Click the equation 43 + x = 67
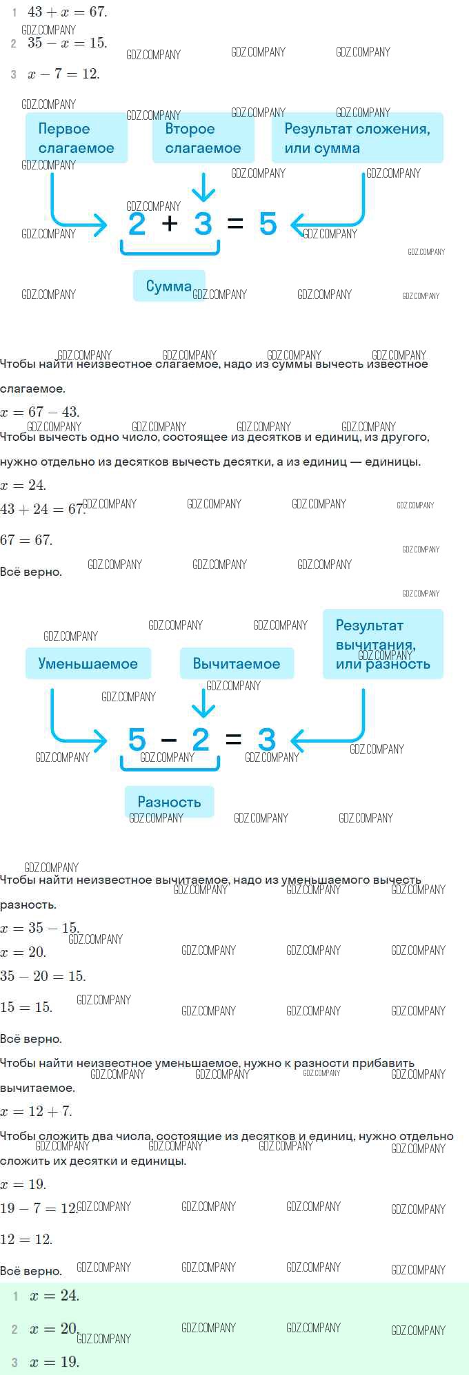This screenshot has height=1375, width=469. tap(68, 12)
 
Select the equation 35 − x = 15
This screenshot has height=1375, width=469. tap(68, 43)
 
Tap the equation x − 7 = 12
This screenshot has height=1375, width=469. tap(63, 74)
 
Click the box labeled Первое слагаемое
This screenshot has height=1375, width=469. tap(77, 138)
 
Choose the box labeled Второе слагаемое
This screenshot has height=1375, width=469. tap(203, 138)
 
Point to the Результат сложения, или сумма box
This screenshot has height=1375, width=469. tap(357, 138)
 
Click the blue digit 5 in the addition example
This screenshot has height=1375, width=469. tap(268, 224)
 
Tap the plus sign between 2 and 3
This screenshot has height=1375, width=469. tap(170, 223)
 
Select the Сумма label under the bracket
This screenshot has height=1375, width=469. tap(169, 286)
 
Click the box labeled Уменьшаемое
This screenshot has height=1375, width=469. tap(88, 663)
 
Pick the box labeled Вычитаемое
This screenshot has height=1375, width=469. tap(237, 663)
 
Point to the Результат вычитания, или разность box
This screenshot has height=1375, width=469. tap(383, 644)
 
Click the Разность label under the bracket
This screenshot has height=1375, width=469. tap(169, 802)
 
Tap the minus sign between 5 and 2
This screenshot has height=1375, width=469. tap(169, 741)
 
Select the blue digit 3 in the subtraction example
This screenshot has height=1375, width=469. tap(267, 740)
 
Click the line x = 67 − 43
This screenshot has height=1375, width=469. tap(40, 412)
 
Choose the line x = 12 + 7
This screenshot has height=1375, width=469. tap(36, 1111)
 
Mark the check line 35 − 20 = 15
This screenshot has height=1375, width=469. tap(43, 976)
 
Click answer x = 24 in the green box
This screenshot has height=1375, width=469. tap(54, 1295)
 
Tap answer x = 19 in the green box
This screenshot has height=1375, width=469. tap(54, 1362)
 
